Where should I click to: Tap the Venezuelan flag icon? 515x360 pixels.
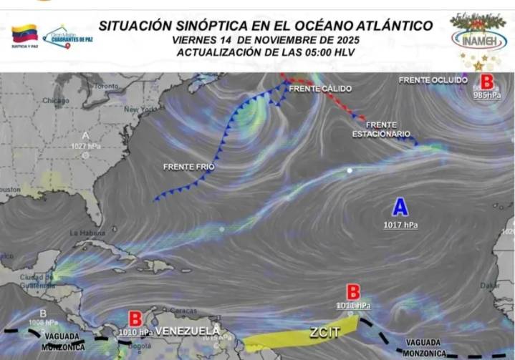[24, 33]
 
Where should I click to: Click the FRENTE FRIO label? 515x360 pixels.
[188, 167]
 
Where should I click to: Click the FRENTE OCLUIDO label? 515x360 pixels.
[433, 80]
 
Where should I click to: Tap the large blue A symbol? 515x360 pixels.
[400, 208]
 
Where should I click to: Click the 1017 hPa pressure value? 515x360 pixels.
[400, 225]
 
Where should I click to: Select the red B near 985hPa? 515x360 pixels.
[487, 82]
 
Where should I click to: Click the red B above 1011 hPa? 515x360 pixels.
[353, 292]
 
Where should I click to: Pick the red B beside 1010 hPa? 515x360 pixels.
[135, 318]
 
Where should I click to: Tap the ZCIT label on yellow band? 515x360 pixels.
[323, 332]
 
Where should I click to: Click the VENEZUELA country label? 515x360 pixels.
[188, 331]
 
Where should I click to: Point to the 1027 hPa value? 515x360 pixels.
[85, 146]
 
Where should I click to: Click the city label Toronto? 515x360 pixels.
[105, 86]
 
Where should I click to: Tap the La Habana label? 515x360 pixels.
[87, 233]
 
